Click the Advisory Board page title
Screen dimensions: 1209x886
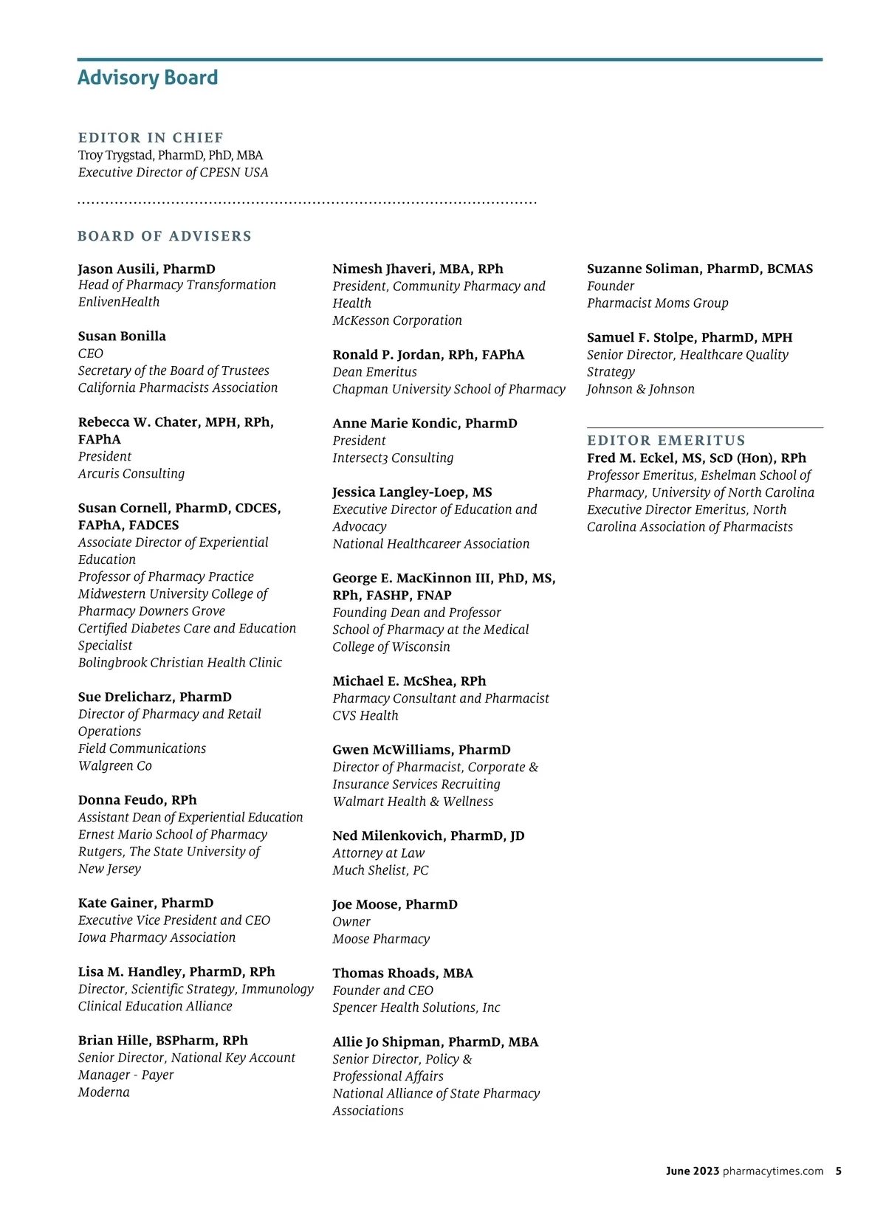tap(148, 77)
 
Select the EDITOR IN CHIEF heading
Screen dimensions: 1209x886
tap(151, 138)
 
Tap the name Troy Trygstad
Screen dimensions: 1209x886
tap(116, 155)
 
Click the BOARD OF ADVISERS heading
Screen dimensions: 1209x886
tap(165, 236)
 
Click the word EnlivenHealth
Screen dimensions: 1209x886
tap(119, 302)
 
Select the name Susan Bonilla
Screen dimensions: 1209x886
tap(122, 336)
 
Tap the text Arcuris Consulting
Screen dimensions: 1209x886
tap(131, 474)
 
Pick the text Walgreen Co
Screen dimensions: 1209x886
tap(115, 765)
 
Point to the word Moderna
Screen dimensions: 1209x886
tap(104, 1092)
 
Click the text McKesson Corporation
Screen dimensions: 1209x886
tap(397, 320)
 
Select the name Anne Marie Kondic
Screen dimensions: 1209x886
tap(397, 423)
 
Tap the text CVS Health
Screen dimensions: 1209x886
tap(365, 715)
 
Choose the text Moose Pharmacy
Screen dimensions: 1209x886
tap(381, 939)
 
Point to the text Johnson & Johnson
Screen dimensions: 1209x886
tap(641, 389)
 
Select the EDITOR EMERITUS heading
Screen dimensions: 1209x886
tap(667, 441)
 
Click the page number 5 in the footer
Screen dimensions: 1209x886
tap(839, 1171)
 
